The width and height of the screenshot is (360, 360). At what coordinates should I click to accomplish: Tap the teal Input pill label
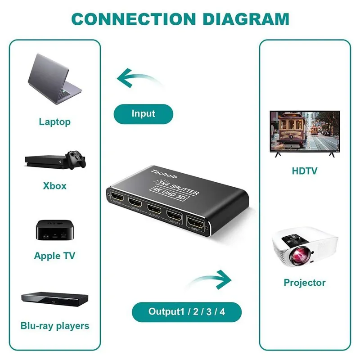click(x=143, y=114)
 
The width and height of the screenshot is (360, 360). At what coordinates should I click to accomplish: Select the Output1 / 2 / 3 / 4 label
click(x=187, y=311)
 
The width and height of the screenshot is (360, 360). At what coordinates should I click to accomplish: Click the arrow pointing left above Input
click(x=135, y=80)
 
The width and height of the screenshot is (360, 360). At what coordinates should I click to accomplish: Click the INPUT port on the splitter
click(x=195, y=223)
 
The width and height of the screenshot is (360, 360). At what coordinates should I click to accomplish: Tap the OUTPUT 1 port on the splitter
click(x=174, y=216)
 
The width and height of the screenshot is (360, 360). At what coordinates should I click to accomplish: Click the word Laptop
click(x=54, y=121)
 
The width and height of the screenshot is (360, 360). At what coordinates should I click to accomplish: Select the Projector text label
click(x=304, y=283)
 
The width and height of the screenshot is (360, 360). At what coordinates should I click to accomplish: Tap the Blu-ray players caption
click(x=55, y=325)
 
